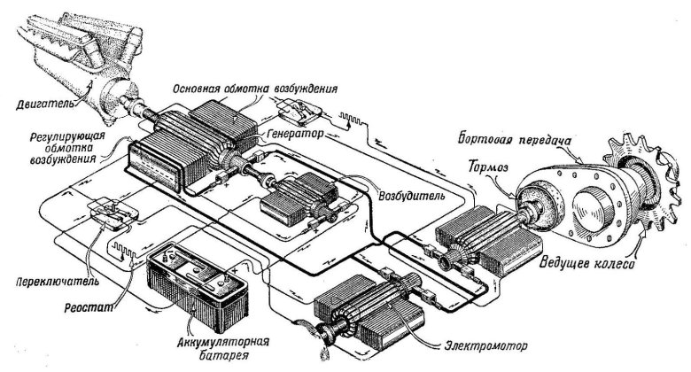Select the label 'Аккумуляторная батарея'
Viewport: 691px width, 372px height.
(223, 346)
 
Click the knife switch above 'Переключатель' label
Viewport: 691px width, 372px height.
(111, 209)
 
